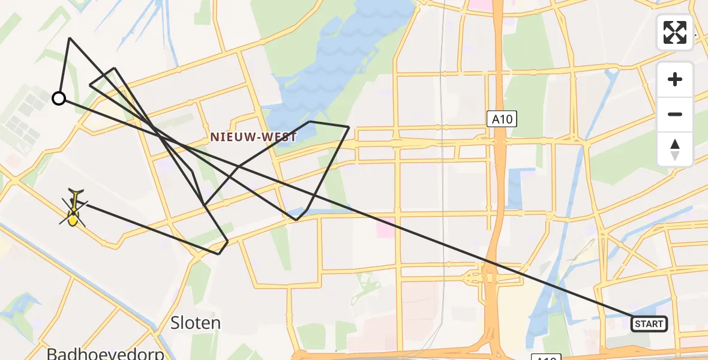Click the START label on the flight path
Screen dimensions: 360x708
pyautogui.click(x=649, y=324)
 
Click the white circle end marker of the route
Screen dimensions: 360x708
pyautogui.click(x=59, y=98)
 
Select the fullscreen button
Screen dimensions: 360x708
pyautogui.click(x=675, y=32)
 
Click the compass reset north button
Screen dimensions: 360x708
pyautogui.click(x=675, y=149)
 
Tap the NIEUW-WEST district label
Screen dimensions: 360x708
pyautogui.click(x=253, y=137)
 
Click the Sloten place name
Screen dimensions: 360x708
pyautogui.click(x=196, y=323)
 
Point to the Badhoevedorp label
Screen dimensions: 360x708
pyautogui.click(x=106, y=353)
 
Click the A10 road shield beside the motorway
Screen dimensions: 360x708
pyautogui.click(x=501, y=119)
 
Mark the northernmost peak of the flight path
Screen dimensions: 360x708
pyautogui.click(x=70, y=38)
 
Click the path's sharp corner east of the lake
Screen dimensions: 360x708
pyautogui.click(x=349, y=127)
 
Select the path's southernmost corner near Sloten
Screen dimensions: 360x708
pyautogui.click(x=218, y=254)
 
